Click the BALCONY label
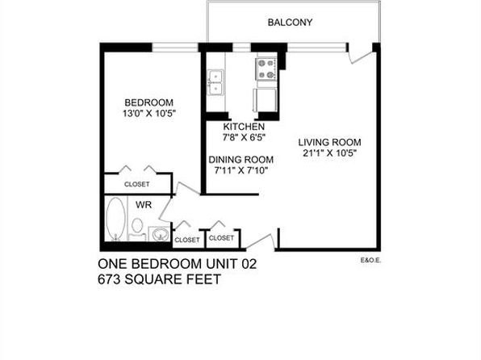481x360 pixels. (x=290, y=23)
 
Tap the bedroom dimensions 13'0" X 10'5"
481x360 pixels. (x=149, y=114)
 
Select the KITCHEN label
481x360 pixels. (x=244, y=127)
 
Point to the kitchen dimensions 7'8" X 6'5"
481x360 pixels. (x=244, y=137)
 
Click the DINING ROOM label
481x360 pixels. (x=241, y=160)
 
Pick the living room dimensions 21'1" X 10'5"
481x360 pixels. (x=330, y=153)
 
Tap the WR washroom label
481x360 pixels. (x=144, y=205)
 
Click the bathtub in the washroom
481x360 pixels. (x=115, y=219)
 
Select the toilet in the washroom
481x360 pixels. (x=137, y=229)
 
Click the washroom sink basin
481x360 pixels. (x=159, y=234)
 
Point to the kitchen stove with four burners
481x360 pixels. (x=266, y=69)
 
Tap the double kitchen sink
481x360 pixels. (x=215, y=82)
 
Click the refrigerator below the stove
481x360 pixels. (x=265, y=100)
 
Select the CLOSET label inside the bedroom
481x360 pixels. (x=137, y=184)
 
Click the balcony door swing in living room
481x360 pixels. (x=359, y=57)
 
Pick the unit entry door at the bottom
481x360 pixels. (x=261, y=242)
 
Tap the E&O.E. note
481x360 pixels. (x=371, y=261)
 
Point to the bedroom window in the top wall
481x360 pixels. (x=175, y=48)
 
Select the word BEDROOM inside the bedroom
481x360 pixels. (x=148, y=103)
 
